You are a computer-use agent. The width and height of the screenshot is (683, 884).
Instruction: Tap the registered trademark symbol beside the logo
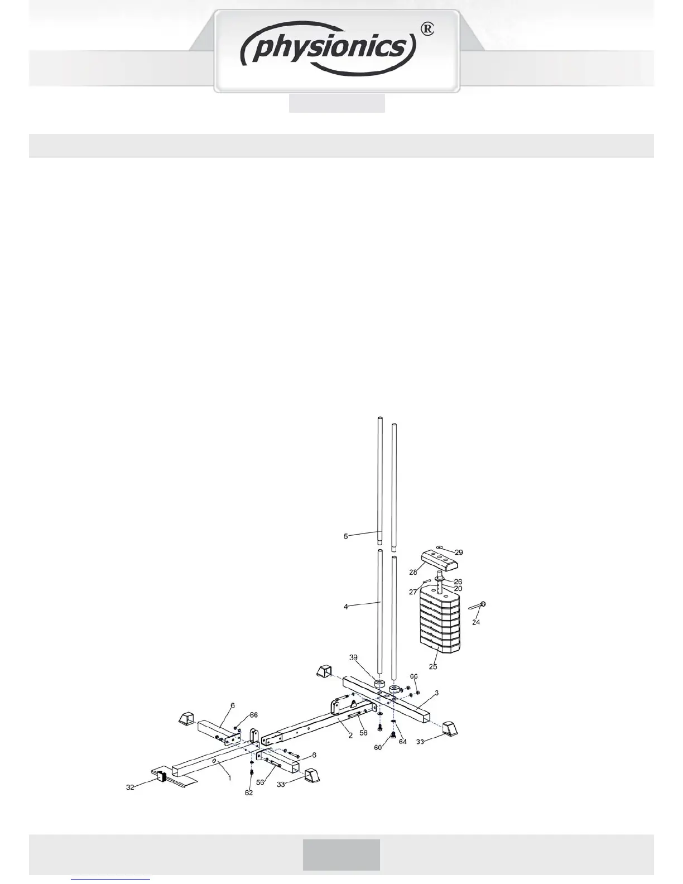pyautogui.click(x=426, y=29)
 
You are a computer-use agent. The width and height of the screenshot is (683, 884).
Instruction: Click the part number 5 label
pyautogui.click(x=346, y=536)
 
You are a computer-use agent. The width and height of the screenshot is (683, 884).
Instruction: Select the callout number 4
pyautogui.click(x=346, y=607)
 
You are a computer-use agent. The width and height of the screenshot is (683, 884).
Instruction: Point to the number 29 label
pyautogui.click(x=458, y=552)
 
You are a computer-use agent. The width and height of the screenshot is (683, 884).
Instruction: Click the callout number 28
pyautogui.click(x=413, y=572)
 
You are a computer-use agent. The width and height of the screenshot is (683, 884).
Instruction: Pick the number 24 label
pyautogui.click(x=476, y=622)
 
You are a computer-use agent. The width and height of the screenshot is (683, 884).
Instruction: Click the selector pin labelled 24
pyautogui.click(x=478, y=606)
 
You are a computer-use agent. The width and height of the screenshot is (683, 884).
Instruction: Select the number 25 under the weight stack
pyautogui.click(x=433, y=666)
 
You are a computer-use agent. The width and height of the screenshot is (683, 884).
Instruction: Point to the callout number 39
pyautogui.click(x=354, y=657)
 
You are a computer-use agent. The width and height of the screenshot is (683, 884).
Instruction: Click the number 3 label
pyautogui.click(x=437, y=693)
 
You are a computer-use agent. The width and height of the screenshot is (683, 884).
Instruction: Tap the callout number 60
pyautogui.click(x=378, y=747)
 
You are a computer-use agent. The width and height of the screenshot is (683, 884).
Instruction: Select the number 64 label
pyautogui.click(x=402, y=742)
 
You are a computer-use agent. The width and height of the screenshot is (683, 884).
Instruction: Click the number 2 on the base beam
pyautogui.click(x=350, y=736)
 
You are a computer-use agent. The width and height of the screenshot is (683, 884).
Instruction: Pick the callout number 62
pyautogui.click(x=249, y=792)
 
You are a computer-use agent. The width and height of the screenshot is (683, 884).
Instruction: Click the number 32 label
pyautogui.click(x=130, y=787)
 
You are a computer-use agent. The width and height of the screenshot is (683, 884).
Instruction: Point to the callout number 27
pyautogui.click(x=413, y=592)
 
